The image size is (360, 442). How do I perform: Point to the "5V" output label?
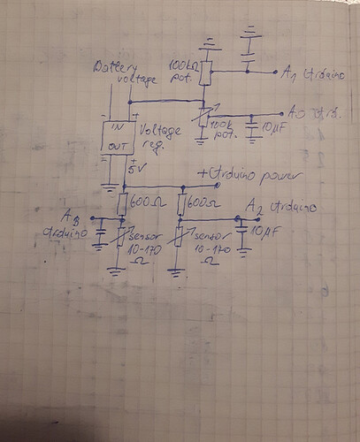pos(135,169)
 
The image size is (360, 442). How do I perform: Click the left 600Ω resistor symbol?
pos(123,204)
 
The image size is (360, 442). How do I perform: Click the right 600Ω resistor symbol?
pos(180,206)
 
